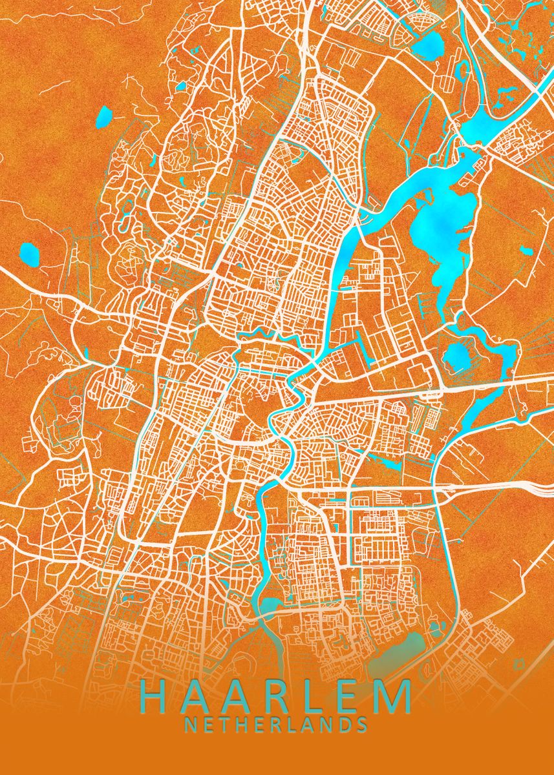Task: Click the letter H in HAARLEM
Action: [156, 697]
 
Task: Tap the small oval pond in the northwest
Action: [103, 117]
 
